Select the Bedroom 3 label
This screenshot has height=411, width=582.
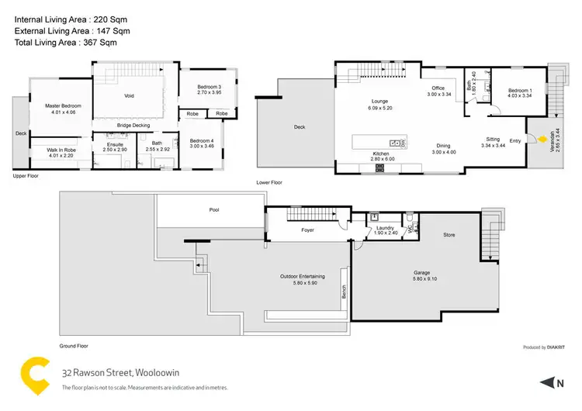point(209,87)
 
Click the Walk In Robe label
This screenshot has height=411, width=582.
point(60,150)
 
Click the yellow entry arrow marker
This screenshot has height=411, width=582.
point(542,139)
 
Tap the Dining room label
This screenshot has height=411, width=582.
point(443,146)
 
